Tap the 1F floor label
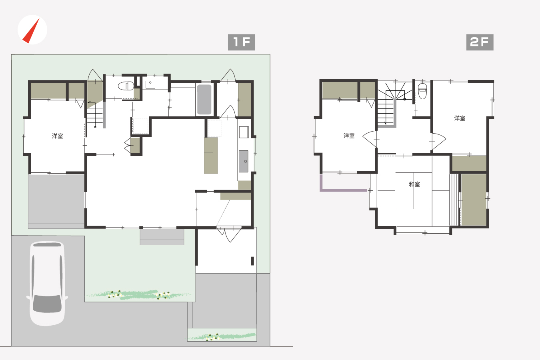[x=241, y=42]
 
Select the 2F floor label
[x=480, y=42]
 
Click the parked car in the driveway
[x=47, y=283]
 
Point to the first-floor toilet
[x=126, y=86]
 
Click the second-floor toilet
[x=422, y=91]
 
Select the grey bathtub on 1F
[x=204, y=99]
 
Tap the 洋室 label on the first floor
[x=57, y=136]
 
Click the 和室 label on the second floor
[x=414, y=184]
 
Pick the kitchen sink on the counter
[x=244, y=161]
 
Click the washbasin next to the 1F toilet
[x=150, y=85]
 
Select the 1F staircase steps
[x=95, y=118]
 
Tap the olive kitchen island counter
[x=211, y=156]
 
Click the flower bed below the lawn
[x=139, y=295]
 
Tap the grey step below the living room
[x=162, y=237]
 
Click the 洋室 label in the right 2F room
[x=460, y=118]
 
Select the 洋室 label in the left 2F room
[x=349, y=136]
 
